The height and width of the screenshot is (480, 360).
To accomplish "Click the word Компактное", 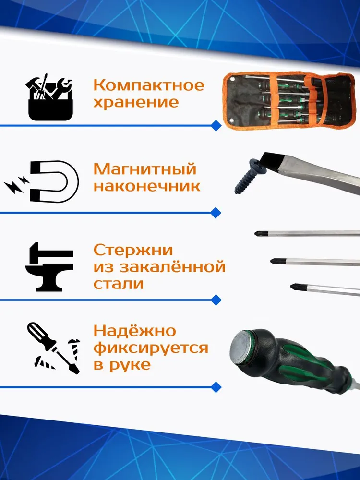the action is tap(148, 85).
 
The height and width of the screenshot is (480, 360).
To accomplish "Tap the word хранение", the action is tap(136, 102).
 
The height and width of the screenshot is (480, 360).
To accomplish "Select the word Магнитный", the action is tap(145, 169).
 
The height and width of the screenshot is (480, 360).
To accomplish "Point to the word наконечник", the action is tap(147, 186).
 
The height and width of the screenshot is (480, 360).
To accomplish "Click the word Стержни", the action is tap(133, 250).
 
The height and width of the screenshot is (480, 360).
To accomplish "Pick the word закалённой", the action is tap(172, 266).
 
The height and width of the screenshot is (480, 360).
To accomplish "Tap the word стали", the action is tap(119, 284).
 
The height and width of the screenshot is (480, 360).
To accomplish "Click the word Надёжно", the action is tap(135, 331).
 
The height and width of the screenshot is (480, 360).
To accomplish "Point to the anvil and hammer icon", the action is tap(49, 266).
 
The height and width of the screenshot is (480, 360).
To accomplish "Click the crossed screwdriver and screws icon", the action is tap(54, 348).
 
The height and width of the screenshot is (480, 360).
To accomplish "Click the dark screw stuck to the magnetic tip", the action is tap(249, 175).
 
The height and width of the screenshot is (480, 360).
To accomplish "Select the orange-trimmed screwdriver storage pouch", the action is tap(289, 100).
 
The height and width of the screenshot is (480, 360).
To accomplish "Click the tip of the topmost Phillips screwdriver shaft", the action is tap(255, 234).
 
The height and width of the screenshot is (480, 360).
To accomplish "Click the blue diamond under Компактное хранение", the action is tap(216, 125).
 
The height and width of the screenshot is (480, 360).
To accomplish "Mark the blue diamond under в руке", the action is tap(216, 387).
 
